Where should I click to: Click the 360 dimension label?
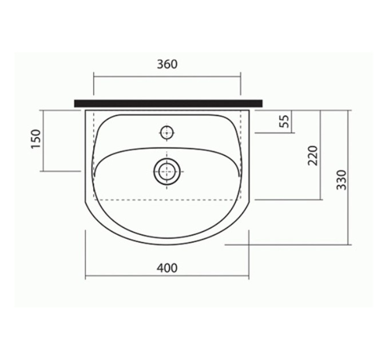[167, 65]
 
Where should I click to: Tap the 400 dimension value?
[167, 268]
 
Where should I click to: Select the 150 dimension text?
[35, 139]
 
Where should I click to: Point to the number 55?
[285, 121]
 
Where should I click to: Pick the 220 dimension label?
[312, 155]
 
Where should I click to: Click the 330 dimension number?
[342, 180]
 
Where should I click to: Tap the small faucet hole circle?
[166, 133]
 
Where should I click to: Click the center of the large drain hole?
[166, 171]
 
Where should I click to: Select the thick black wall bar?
[168, 103]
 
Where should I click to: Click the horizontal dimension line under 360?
[167, 77]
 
